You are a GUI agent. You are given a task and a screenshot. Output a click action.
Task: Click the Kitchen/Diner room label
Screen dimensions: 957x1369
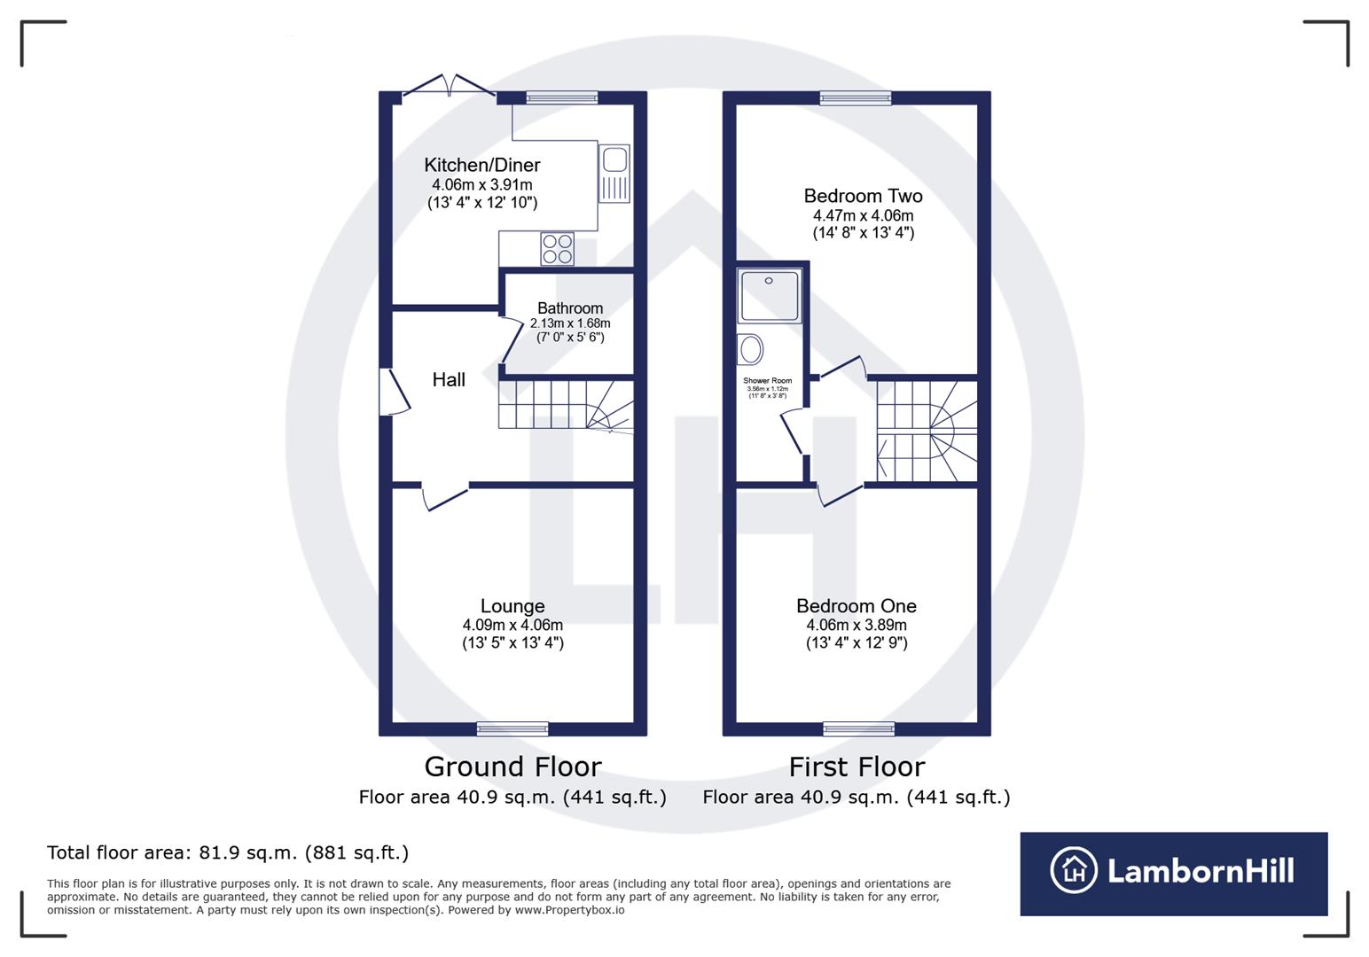(x=481, y=165)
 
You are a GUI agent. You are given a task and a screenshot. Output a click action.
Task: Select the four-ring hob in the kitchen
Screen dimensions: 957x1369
(x=557, y=248)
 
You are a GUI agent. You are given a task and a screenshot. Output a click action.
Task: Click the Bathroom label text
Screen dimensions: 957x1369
(x=569, y=308)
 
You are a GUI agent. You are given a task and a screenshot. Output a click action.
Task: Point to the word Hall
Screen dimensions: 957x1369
(x=449, y=380)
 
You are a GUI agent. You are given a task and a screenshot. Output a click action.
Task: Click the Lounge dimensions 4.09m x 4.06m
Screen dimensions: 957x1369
(x=512, y=626)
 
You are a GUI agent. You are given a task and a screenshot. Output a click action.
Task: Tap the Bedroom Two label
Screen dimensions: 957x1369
(x=863, y=196)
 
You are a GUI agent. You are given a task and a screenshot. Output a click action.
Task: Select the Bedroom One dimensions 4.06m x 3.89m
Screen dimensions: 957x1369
(x=856, y=626)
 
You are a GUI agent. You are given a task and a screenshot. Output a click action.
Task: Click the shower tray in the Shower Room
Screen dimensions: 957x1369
(x=770, y=296)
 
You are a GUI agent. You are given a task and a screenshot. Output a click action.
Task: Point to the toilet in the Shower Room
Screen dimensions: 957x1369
(x=751, y=349)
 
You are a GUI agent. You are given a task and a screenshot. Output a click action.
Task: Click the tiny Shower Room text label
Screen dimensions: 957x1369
(x=767, y=381)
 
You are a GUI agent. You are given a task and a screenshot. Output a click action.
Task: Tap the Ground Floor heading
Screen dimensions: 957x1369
(x=512, y=766)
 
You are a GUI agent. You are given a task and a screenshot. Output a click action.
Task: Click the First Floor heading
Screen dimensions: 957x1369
(x=857, y=766)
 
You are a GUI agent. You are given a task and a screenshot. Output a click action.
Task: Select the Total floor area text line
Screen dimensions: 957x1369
(x=228, y=852)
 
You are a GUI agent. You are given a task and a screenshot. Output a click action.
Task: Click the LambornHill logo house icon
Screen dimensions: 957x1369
(x=1074, y=870)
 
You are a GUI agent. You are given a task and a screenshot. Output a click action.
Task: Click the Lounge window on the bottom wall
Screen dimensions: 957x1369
(x=512, y=729)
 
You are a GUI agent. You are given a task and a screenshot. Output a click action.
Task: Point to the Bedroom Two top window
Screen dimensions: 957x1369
(x=856, y=97)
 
